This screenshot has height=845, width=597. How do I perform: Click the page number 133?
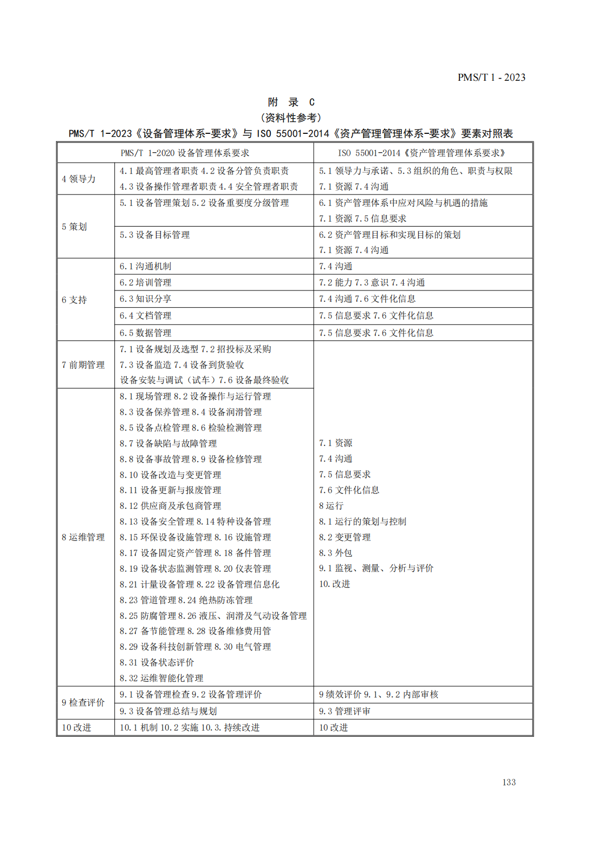tap(509, 782)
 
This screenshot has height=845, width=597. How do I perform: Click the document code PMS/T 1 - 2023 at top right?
tap(491, 78)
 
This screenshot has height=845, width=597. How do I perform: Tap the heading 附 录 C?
tap(291, 102)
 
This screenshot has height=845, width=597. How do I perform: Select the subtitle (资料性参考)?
tap(291, 118)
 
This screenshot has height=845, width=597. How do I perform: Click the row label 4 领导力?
tap(79, 179)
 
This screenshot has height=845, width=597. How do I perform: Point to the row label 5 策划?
tap(74, 227)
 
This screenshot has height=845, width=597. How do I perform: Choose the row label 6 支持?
tap(74, 300)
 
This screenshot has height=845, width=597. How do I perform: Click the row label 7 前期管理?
tap(83, 365)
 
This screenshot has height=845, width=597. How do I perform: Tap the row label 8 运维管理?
tap(83, 537)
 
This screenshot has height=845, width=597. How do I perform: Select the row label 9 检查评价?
tap(83, 702)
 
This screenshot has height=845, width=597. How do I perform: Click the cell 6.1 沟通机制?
tap(146, 266)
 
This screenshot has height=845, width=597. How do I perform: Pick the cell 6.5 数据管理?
tap(146, 333)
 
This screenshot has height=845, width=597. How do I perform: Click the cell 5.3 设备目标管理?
tap(155, 235)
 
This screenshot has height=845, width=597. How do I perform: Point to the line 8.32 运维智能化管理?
tap(161, 678)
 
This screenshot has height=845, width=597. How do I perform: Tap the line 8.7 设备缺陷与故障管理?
tap(168, 443)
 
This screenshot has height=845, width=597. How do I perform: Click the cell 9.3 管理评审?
tap(345, 711)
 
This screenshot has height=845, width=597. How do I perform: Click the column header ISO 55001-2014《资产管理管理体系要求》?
tap(421, 153)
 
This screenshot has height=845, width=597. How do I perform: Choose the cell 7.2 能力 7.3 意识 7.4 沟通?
tap(372, 282)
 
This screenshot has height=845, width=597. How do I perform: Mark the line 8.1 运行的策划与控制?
tap(362, 521)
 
